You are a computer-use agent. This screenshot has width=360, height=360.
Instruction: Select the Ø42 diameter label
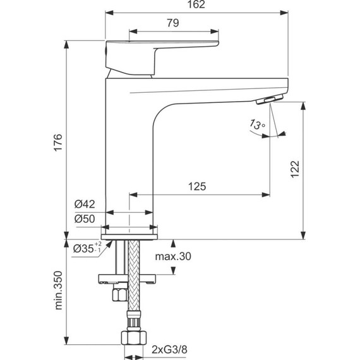point(84,204)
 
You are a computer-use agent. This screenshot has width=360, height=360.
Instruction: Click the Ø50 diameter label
point(84,218)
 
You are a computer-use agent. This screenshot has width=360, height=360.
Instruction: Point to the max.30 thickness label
point(172,256)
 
